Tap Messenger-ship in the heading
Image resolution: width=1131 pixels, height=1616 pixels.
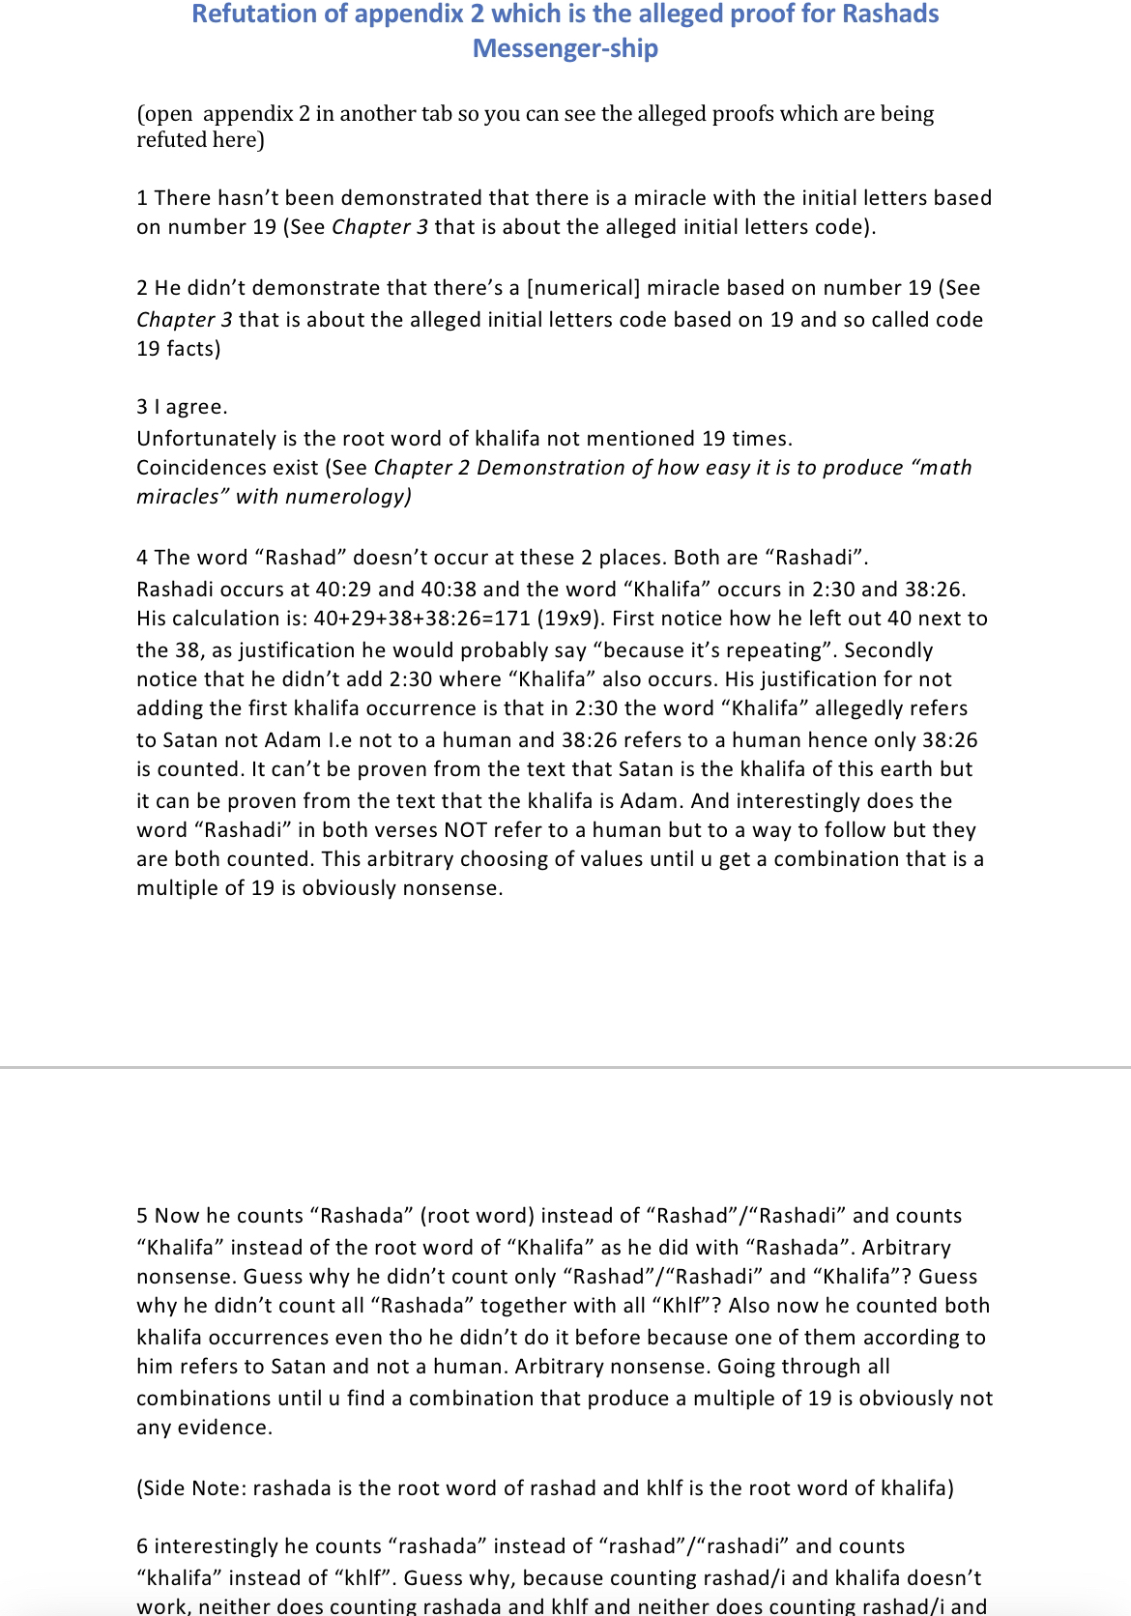[x=565, y=48]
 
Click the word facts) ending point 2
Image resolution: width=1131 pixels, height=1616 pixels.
[x=192, y=349]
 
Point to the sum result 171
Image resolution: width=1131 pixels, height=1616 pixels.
[x=512, y=619]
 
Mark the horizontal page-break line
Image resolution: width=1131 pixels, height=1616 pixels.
[x=565, y=1067]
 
